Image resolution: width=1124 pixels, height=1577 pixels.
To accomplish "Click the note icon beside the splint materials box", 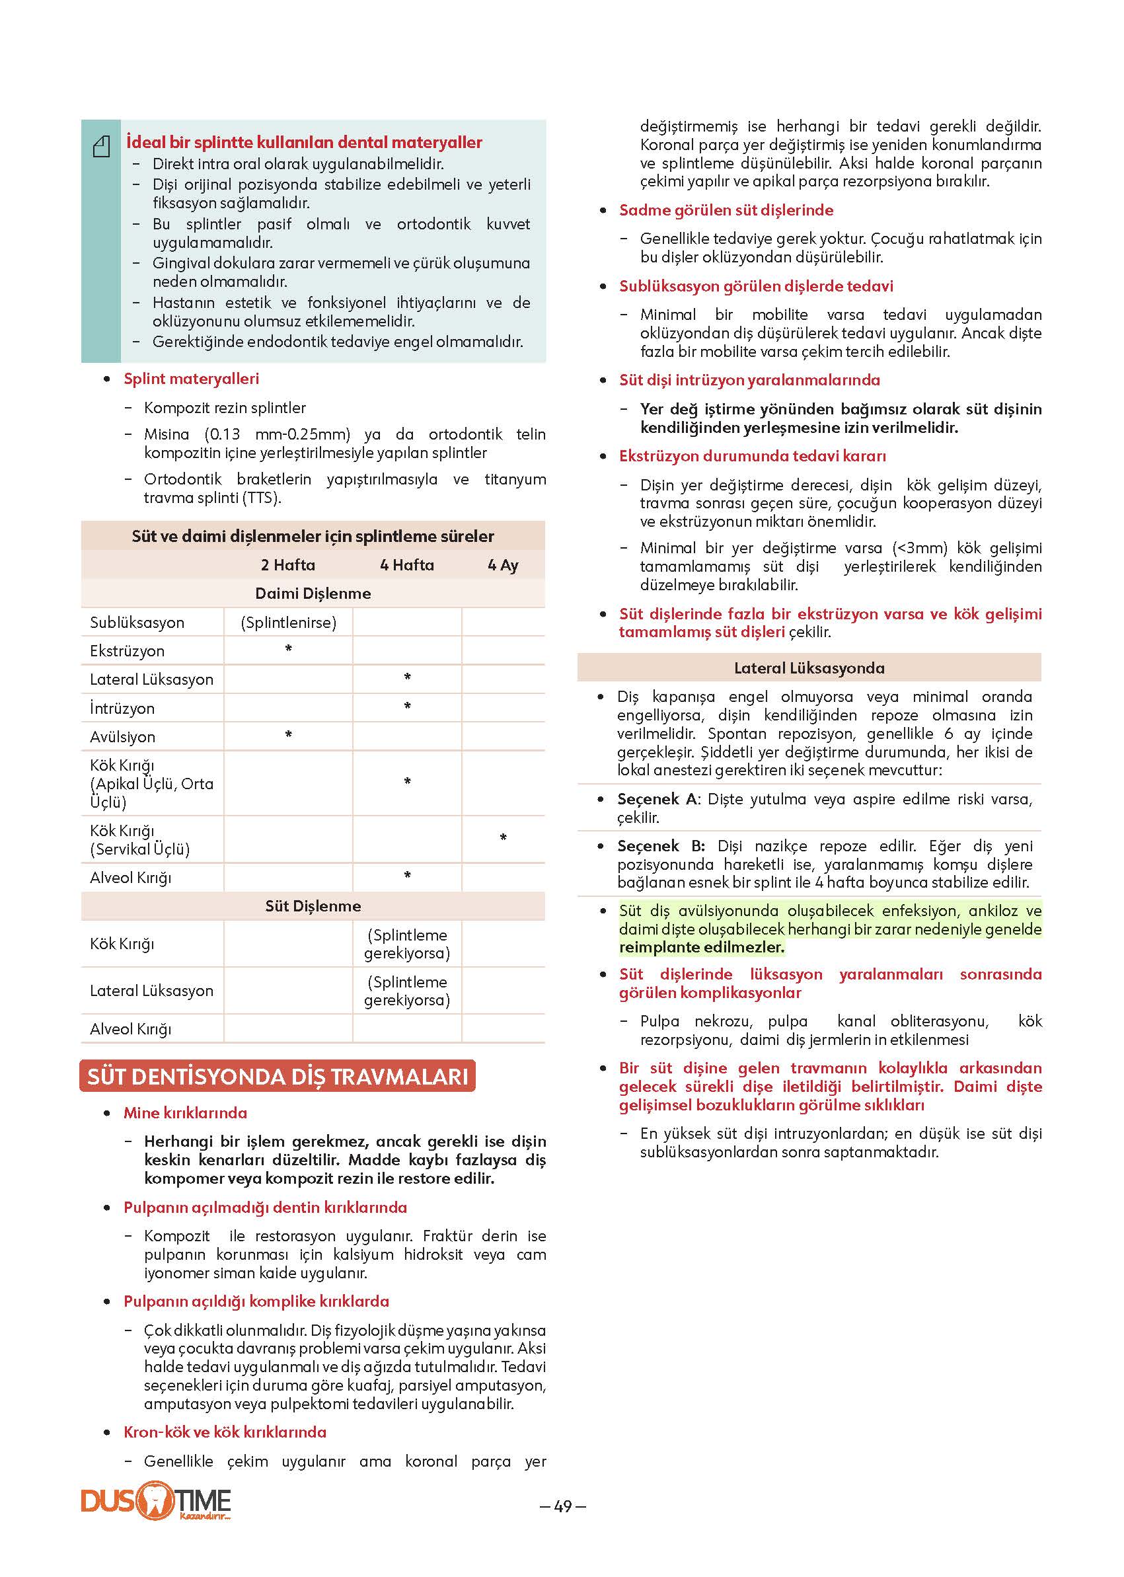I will pyautogui.click(x=102, y=147).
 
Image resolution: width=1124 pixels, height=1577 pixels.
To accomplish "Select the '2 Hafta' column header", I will pyautogui.click(x=288, y=565).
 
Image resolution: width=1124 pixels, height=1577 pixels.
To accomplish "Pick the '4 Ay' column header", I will pyautogui.click(x=503, y=565).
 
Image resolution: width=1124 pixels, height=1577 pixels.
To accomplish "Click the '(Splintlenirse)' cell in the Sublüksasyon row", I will pyautogui.click(x=289, y=623).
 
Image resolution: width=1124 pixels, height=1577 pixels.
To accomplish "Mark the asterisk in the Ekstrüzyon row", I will pyautogui.click(x=289, y=649).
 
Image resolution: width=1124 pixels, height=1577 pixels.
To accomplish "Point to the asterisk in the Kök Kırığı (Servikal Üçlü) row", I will pyautogui.click(x=503, y=838).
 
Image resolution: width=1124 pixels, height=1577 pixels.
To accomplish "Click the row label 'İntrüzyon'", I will pyautogui.click(x=122, y=709).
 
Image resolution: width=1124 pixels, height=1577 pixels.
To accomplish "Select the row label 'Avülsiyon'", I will pyautogui.click(x=122, y=736).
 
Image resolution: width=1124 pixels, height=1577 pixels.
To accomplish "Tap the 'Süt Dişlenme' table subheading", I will pyautogui.click(x=313, y=905).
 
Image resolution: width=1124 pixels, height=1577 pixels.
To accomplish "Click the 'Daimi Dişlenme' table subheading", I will pyautogui.click(x=313, y=594).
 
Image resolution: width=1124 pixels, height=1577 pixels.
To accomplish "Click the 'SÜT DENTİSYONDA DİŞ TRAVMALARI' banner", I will pyautogui.click(x=278, y=1077).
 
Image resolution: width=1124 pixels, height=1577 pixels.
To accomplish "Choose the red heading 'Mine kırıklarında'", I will pyautogui.click(x=186, y=1112).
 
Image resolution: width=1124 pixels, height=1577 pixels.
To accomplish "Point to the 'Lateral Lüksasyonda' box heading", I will pyautogui.click(x=809, y=668).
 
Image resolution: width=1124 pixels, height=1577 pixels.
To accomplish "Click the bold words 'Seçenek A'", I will pyautogui.click(x=657, y=799).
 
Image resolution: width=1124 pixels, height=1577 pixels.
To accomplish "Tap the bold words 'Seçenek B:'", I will pyautogui.click(x=661, y=846).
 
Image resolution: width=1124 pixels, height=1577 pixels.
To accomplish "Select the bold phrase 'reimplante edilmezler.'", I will pyautogui.click(x=702, y=947).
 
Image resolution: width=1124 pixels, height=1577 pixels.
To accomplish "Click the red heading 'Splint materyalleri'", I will pyautogui.click(x=191, y=379).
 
